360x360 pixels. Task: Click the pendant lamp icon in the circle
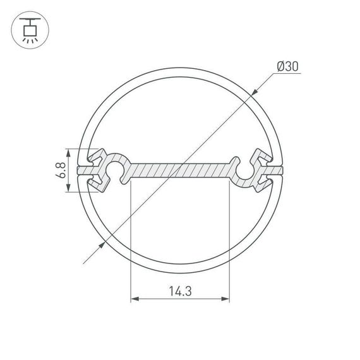point(28,28)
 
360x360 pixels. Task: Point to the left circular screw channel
point(116,171)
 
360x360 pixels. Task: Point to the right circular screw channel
point(245,171)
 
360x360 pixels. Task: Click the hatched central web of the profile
point(180,171)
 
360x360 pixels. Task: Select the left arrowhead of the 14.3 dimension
point(135,299)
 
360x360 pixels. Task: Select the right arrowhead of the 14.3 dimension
point(225,299)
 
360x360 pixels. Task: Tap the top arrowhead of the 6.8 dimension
point(68,152)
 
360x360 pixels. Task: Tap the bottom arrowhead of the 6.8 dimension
point(68,191)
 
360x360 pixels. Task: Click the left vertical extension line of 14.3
point(131,240)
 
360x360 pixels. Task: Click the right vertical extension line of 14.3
point(229,240)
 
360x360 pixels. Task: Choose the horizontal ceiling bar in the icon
point(28,18)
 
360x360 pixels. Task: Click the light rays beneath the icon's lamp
point(28,38)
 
